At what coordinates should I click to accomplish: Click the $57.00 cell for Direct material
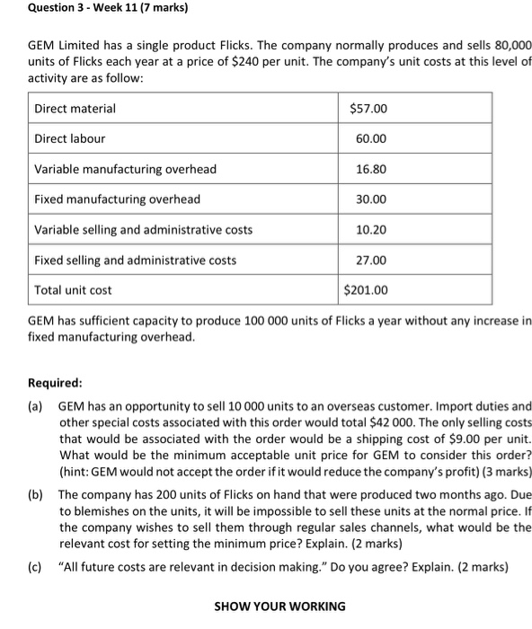(368, 109)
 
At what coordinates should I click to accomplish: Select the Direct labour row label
(70, 138)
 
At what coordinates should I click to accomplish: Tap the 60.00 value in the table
(370, 139)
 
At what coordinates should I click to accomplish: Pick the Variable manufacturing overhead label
(125, 169)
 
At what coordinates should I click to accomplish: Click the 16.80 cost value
(370, 169)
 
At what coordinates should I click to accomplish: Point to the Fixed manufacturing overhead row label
(117, 199)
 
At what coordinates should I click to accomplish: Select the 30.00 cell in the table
(370, 199)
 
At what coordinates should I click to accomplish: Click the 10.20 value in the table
(370, 230)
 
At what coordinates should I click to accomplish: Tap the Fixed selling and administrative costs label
(136, 261)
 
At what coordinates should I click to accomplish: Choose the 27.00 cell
(370, 261)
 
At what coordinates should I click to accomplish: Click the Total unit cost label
(73, 290)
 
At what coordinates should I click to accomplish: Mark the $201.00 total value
(367, 290)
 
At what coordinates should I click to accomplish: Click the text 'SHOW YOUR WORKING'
(279, 607)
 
